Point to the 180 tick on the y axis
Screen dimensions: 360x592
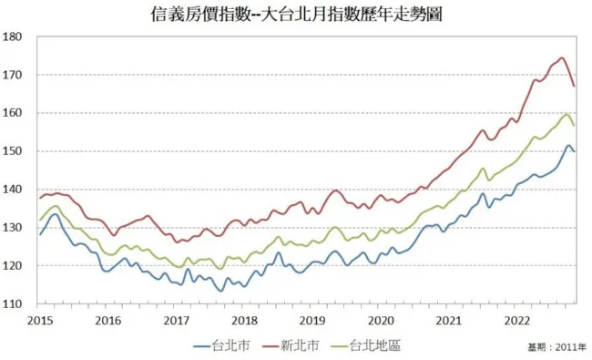click(13, 36)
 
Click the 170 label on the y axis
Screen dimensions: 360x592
click(13, 75)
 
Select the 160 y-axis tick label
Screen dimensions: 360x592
click(13, 113)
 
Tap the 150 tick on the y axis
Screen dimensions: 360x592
click(13, 151)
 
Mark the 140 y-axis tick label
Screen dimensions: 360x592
click(13, 190)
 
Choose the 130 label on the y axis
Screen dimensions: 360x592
click(13, 228)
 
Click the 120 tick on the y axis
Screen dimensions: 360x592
click(13, 266)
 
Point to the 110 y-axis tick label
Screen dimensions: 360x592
click(13, 304)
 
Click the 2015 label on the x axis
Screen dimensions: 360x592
click(39, 321)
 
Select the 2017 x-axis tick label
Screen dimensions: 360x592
click(175, 321)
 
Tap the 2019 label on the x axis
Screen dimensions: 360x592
click(312, 321)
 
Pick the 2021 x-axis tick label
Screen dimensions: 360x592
click(449, 321)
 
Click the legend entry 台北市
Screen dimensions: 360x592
click(226, 345)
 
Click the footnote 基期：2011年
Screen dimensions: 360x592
click(556, 347)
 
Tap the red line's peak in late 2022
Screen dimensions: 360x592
click(562, 58)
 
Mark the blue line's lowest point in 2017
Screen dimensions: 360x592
click(221, 291)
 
